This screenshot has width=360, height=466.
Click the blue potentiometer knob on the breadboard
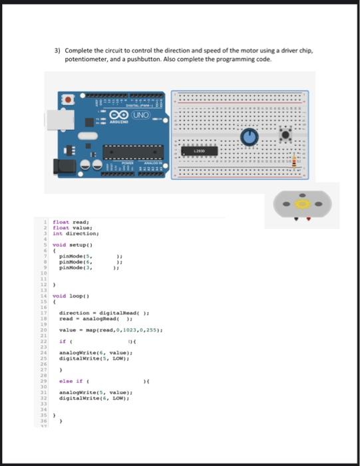(x=250, y=136)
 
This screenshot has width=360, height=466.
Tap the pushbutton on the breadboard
(x=286, y=136)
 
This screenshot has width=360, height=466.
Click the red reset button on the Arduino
(x=68, y=100)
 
